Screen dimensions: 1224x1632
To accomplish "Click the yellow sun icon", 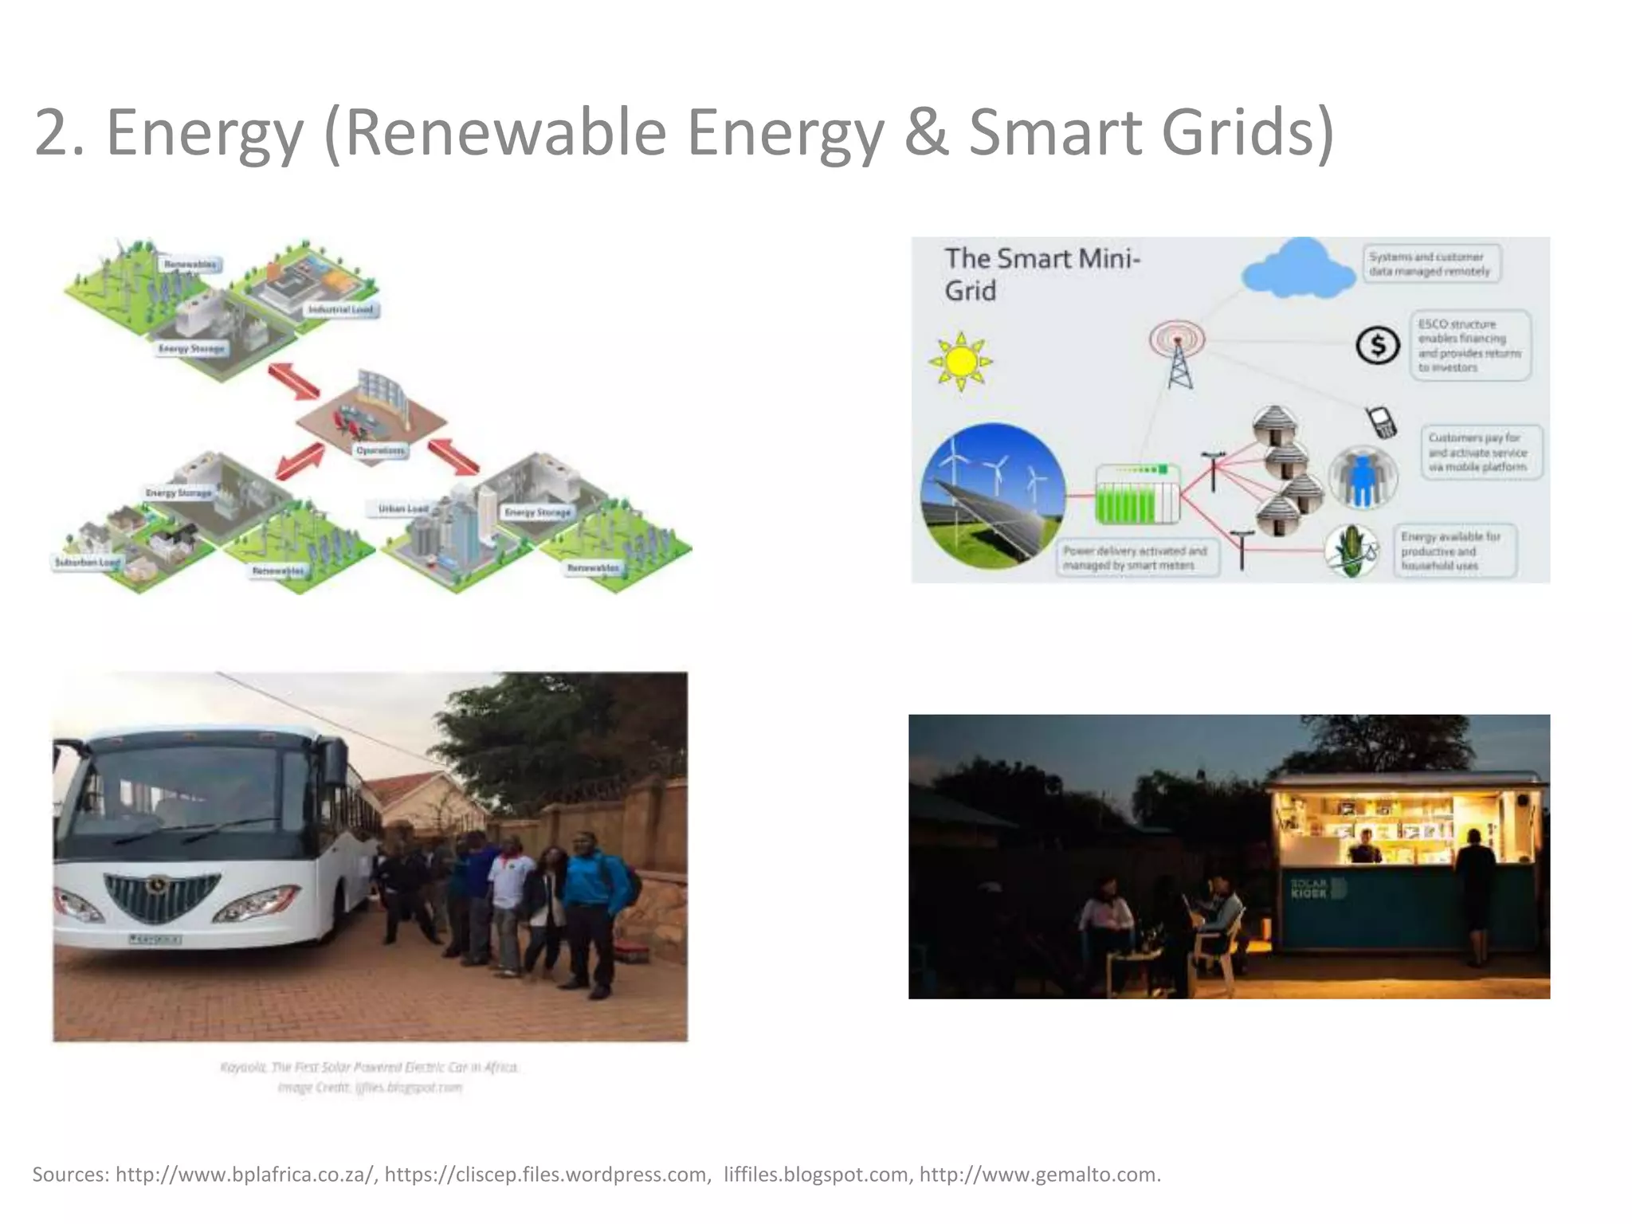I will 960,362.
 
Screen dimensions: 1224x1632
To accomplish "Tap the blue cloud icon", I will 1299,269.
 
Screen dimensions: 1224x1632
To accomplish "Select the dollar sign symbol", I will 1378,346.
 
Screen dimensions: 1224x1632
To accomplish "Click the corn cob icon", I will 1351,550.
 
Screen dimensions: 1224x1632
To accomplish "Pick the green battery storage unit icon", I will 1136,494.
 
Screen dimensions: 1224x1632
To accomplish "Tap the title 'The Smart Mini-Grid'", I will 1042,274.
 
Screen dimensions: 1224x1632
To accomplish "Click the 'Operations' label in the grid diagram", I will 380,450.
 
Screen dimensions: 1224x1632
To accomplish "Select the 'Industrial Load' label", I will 340,309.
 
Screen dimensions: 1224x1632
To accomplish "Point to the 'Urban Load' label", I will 403,508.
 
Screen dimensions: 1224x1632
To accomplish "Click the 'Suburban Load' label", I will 87,562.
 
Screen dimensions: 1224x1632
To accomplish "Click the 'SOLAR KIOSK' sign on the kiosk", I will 1308,888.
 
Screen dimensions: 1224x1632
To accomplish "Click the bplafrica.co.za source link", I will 245,1174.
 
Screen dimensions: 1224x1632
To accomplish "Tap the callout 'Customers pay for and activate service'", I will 1481,452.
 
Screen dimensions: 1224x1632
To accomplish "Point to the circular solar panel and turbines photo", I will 992,495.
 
